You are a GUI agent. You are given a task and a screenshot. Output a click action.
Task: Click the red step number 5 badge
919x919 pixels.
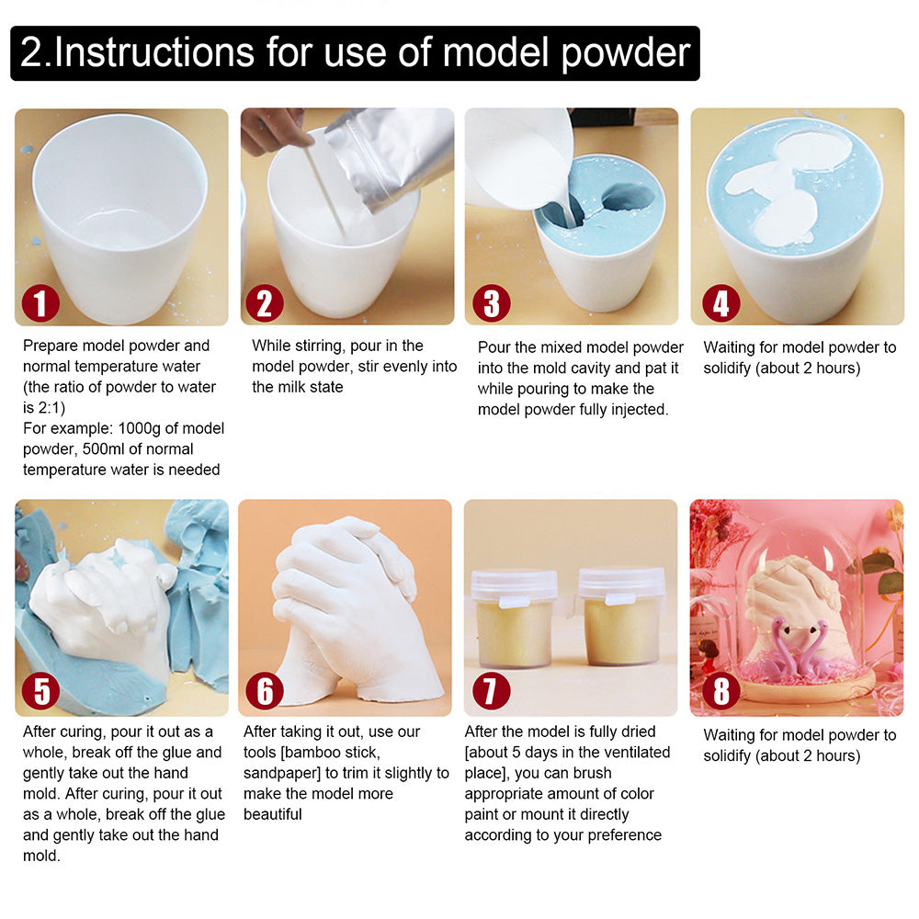[41, 692]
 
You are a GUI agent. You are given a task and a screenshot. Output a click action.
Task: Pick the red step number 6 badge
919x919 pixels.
[265, 692]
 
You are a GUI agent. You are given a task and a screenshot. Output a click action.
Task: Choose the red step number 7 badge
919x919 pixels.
[491, 692]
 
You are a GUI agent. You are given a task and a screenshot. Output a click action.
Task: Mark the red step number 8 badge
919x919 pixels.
[720, 692]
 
